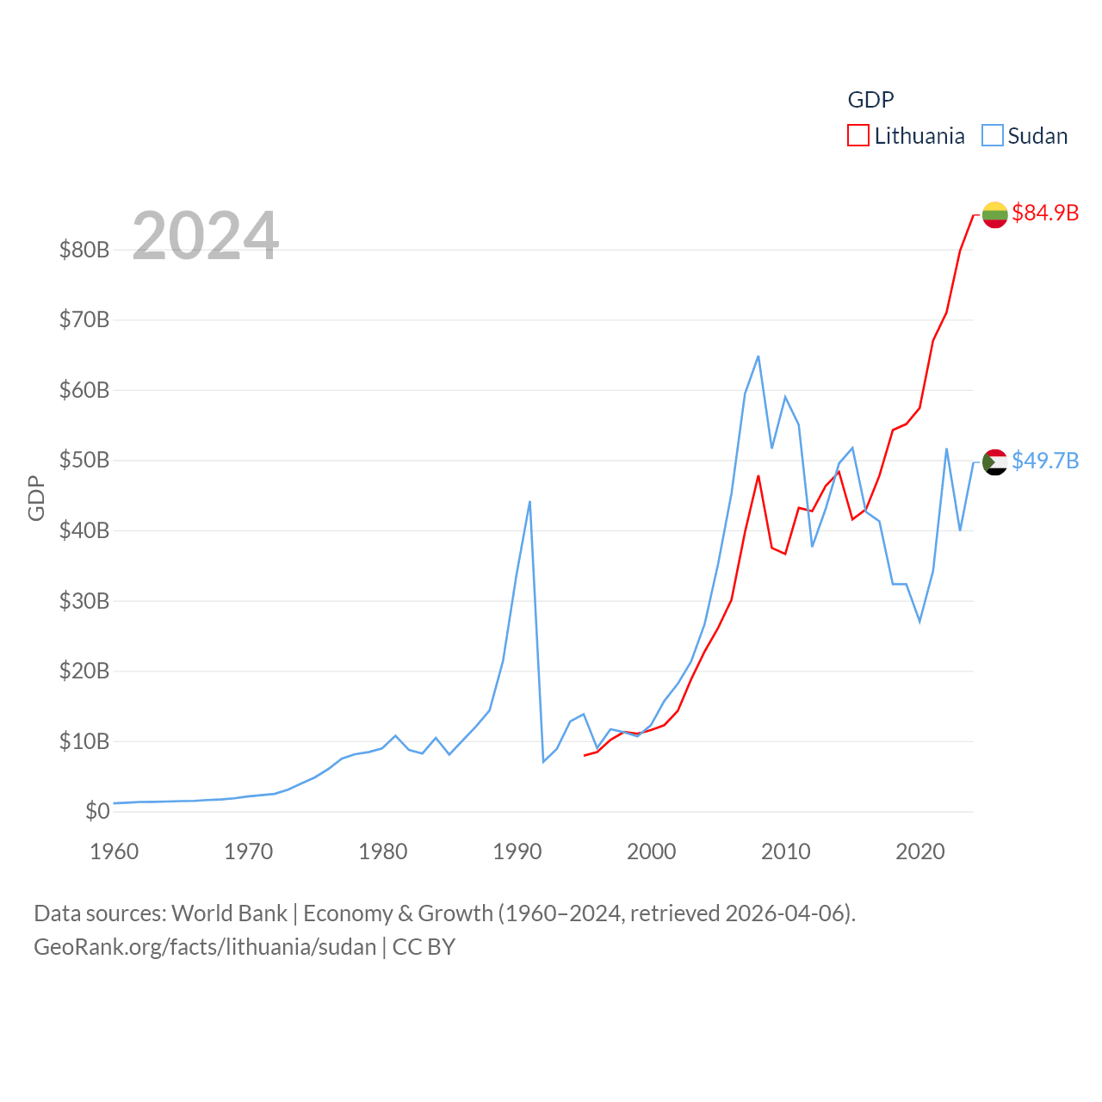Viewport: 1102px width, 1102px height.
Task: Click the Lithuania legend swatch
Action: [858, 136]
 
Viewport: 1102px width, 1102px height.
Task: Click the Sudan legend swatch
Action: [993, 136]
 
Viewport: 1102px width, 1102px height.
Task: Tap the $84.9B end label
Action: [1045, 213]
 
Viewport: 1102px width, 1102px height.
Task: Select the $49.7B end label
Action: [1045, 461]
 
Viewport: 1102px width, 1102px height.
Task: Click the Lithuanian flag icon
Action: [994, 214]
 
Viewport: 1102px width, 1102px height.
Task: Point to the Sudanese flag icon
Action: [994, 462]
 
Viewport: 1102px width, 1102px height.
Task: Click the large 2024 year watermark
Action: [206, 236]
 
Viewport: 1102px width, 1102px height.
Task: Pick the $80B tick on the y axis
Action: [84, 250]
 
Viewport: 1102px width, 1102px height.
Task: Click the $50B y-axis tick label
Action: [84, 460]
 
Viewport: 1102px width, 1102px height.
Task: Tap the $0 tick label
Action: [97, 811]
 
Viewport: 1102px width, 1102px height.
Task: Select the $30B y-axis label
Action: [84, 600]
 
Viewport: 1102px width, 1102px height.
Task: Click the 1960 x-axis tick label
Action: [115, 851]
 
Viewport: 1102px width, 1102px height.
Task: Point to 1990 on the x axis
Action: [517, 851]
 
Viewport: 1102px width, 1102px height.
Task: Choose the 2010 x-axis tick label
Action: [786, 851]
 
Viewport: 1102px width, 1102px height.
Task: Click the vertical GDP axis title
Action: [36, 498]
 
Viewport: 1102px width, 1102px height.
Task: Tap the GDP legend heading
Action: [870, 100]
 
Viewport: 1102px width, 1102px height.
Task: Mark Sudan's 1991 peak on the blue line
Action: [529, 501]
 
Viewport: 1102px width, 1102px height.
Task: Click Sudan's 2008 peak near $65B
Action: [758, 356]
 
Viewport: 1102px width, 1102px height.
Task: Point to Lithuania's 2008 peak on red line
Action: [758, 475]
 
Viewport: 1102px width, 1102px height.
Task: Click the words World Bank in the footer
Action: [230, 913]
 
